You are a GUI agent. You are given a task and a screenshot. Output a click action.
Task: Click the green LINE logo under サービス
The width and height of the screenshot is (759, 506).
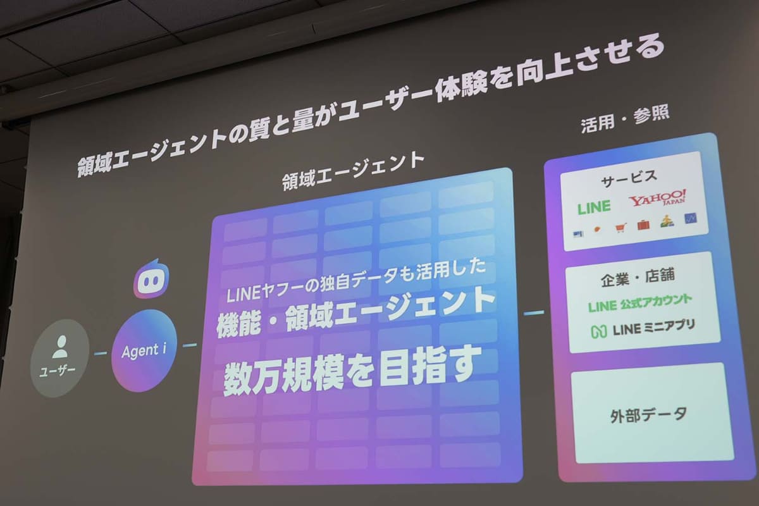point(594,207)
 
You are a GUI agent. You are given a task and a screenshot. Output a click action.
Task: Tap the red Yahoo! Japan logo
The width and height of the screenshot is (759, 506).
point(657,199)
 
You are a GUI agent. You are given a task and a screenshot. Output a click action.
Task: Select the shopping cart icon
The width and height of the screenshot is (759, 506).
point(620,228)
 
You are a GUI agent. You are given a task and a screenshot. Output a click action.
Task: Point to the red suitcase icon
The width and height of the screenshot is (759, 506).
point(643,225)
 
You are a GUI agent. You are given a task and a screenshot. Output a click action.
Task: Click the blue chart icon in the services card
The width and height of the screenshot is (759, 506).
point(690,218)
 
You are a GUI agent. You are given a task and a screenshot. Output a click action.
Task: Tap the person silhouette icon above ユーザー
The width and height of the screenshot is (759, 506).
point(60,347)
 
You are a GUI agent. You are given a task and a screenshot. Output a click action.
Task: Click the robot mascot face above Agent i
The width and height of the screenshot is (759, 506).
point(151,279)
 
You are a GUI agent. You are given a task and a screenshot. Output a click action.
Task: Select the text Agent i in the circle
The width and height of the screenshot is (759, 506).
point(144,350)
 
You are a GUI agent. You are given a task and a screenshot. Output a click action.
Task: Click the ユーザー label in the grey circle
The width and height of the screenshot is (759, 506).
point(58,371)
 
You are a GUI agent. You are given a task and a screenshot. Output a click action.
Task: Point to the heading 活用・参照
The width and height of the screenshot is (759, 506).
point(625,119)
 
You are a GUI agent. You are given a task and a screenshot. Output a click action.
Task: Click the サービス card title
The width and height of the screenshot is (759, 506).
point(629,178)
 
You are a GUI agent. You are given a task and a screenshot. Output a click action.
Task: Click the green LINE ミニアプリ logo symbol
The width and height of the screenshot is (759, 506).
point(599,331)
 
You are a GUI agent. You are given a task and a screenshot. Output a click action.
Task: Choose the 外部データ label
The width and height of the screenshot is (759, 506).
point(648,415)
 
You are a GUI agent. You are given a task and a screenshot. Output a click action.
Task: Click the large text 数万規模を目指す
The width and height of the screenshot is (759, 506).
point(352,371)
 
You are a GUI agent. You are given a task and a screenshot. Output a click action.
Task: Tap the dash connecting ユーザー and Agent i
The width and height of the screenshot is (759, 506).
point(101,353)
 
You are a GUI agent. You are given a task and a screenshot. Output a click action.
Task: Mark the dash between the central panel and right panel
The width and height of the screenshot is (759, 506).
point(534,312)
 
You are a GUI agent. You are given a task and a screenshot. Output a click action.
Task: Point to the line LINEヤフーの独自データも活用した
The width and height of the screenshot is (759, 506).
point(355,281)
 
